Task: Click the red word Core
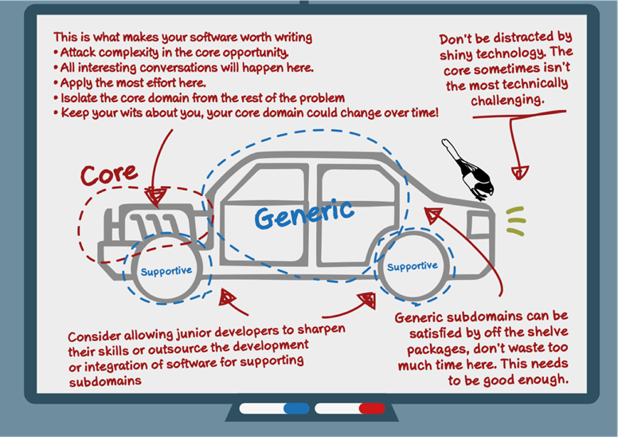[109, 175]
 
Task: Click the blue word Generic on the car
[303, 214]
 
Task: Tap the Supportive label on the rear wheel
[166, 271]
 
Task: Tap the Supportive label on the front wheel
[413, 266]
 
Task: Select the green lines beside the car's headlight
[516, 221]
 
